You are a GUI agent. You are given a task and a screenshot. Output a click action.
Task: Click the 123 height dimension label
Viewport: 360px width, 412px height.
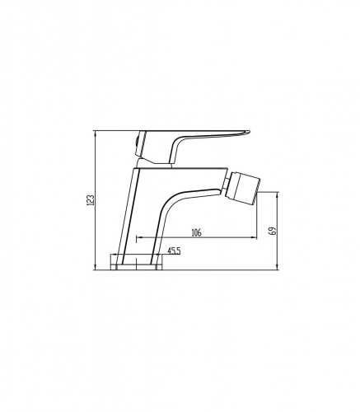click(91, 200)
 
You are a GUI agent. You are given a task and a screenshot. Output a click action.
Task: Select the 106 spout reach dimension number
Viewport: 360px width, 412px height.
click(196, 232)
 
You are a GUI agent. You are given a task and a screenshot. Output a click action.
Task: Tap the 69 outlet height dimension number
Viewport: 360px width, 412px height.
click(273, 231)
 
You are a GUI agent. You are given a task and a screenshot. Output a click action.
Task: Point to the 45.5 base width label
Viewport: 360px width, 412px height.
click(174, 250)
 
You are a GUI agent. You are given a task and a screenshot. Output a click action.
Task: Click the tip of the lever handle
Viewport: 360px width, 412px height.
click(250, 132)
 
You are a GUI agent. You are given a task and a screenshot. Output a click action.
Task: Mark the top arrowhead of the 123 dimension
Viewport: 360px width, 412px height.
click(95, 133)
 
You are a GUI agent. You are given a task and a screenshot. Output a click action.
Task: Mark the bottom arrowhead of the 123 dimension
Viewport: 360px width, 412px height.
click(95, 268)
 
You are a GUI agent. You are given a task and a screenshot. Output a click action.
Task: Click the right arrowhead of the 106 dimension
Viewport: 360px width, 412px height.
click(255, 236)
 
